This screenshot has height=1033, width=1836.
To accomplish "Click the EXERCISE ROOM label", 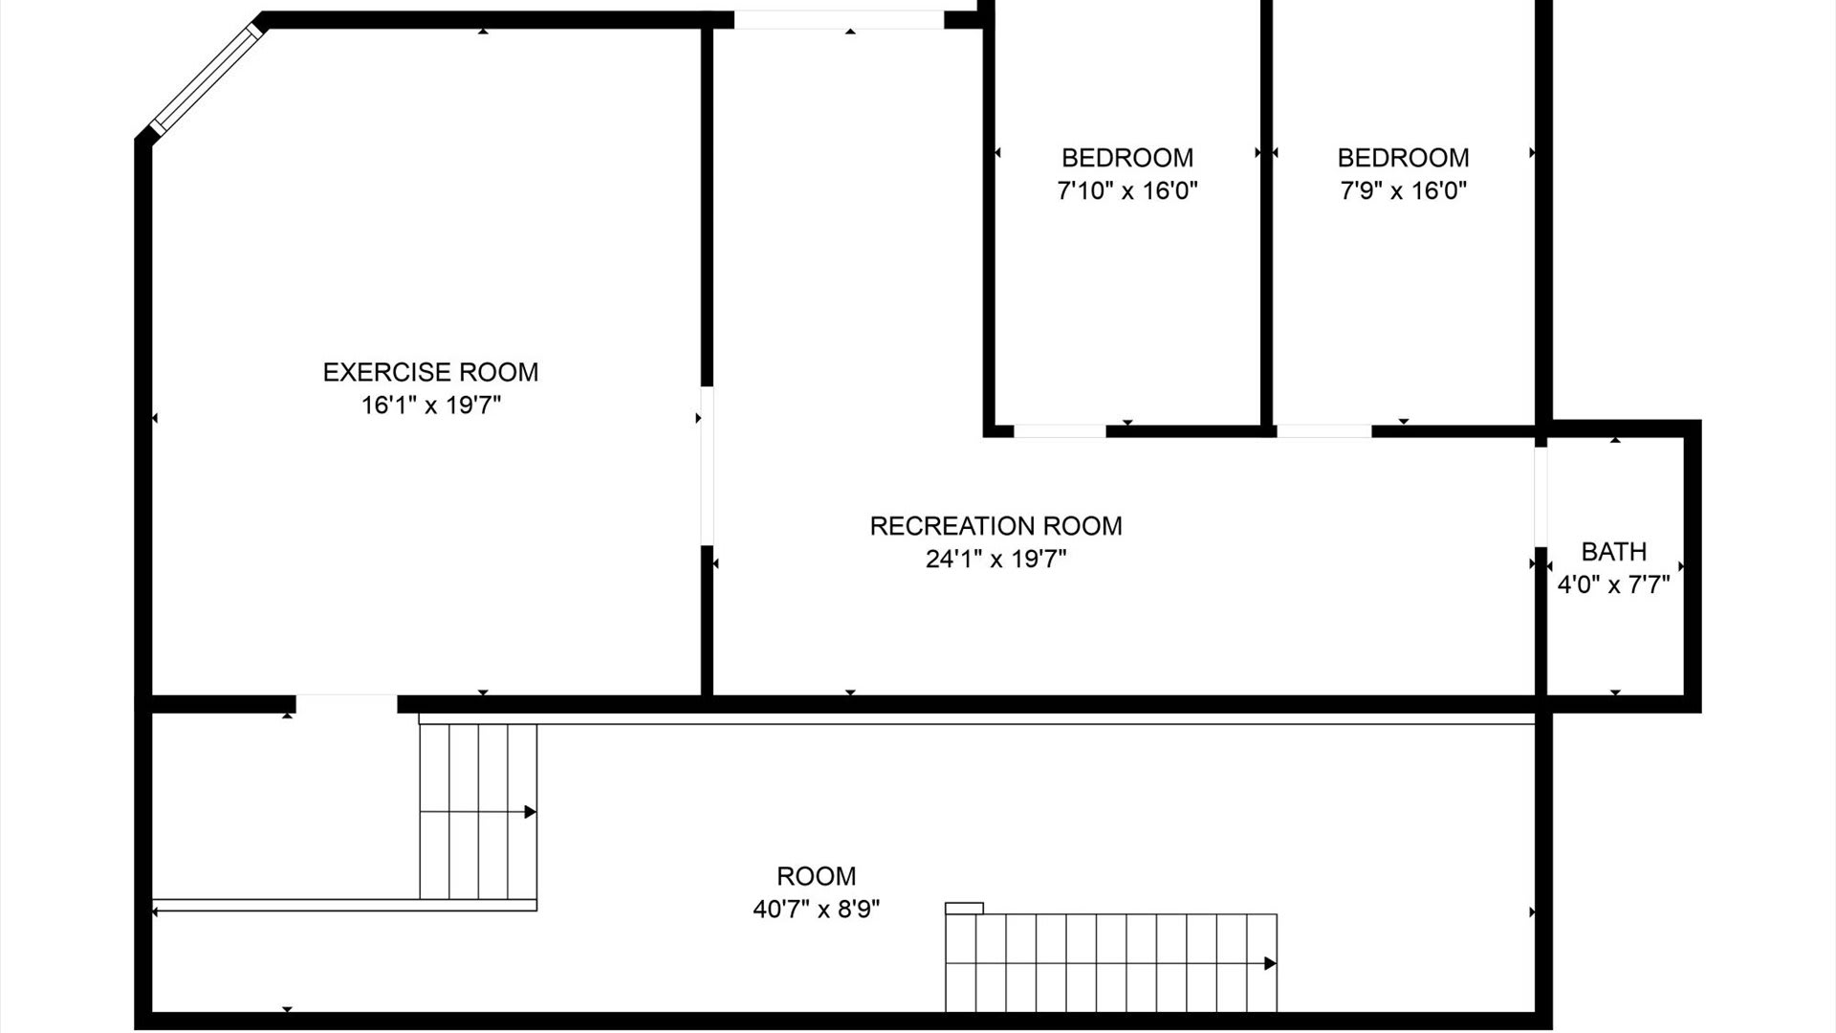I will tap(430, 372).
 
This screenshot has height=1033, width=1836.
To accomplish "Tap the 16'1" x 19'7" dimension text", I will tap(430, 406).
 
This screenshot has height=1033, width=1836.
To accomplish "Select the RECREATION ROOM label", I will tap(995, 526).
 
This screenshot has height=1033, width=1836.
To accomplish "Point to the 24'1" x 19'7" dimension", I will tap(995, 559).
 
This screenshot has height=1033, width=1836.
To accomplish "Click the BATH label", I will tap(1613, 552).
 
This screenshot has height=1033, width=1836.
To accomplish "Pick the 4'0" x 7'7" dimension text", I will tap(1613, 584).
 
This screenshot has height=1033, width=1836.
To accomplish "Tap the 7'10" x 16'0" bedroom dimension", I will tap(1127, 190).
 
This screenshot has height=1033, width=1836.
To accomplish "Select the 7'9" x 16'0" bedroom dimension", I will tap(1403, 190).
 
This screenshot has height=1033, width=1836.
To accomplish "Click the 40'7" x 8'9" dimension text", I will tap(816, 909).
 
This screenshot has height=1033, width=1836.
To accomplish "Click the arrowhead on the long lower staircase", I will tap(1270, 963).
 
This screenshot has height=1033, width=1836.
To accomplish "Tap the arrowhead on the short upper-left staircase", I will tap(530, 812).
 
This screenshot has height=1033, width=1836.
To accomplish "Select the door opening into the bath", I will tap(1541, 496).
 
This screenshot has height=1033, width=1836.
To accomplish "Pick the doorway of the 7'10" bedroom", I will tap(1060, 431).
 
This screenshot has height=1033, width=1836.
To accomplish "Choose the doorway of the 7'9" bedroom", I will tap(1323, 431).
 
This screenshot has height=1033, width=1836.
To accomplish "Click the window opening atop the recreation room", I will tap(839, 20).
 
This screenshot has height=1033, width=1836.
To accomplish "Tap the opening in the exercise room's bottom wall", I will tap(346, 704).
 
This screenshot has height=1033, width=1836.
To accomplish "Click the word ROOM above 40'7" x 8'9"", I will tap(816, 876).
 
